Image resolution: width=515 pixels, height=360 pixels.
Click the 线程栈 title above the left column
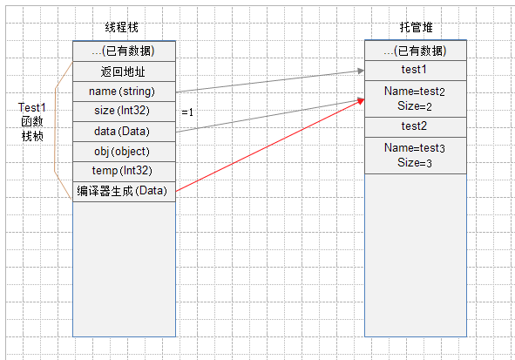[121, 27]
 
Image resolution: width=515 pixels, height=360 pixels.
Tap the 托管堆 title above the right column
[417, 27]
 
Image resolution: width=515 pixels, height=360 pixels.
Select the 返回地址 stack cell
[124, 71]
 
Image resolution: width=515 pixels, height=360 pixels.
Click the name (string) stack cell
[124, 92]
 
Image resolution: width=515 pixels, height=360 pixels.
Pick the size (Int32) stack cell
[124, 112]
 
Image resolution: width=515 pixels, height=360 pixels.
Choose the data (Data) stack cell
[124, 132]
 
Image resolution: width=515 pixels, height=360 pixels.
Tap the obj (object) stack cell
[124, 152]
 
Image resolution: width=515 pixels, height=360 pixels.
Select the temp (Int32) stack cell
[124, 172]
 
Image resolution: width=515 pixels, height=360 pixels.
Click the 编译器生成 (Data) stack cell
[124, 192]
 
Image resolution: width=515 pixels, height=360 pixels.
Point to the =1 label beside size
[187, 112]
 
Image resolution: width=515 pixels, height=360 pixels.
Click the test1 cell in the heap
[416, 71]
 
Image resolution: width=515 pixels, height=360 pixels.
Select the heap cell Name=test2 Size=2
[416, 98]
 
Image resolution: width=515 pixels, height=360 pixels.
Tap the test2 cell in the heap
[416, 127]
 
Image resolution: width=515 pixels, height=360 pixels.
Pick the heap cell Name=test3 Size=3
[416, 155]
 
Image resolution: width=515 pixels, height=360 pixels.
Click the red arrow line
[270, 145]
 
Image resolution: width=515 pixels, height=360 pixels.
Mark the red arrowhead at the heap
[361, 100]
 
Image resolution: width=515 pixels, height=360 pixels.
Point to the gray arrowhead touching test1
[361, 71]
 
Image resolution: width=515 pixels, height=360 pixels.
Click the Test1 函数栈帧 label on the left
[32, 122]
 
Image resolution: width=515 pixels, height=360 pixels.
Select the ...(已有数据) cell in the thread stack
[124, 51]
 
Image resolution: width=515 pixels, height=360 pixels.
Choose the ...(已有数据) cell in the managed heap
[416, 51]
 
